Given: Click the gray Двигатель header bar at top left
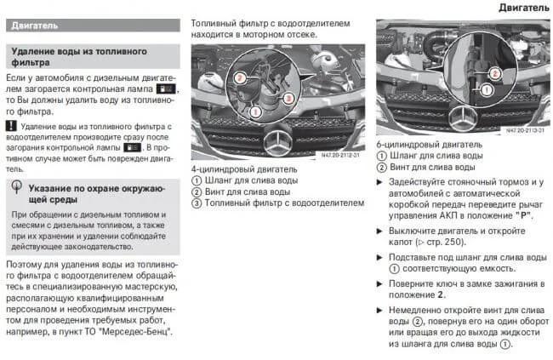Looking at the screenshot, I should click(x=93, y=26).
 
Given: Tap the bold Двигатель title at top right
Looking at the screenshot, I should click(x=523, y=8).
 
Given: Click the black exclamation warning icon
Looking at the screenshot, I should click(x=11, y=126).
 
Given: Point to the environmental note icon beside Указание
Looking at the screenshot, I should click(x=17, y=187).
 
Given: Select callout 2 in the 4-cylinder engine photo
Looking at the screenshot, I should click(x=241, y=76).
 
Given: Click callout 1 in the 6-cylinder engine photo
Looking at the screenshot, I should click(x=487, y=88).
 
